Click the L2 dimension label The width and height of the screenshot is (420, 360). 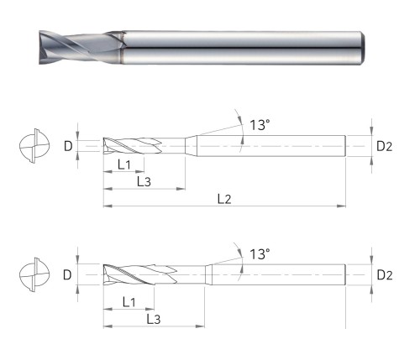[224, 199]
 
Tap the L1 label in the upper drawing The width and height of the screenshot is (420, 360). [124, 164]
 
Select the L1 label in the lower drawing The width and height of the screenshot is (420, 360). [129, 302]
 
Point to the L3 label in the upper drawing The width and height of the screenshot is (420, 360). [144, 182]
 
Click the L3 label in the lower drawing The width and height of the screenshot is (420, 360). [154, 319]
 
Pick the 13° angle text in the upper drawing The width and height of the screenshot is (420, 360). [260, 125]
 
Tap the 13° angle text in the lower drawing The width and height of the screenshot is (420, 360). [260, 254]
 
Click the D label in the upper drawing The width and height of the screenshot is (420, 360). [68, 146]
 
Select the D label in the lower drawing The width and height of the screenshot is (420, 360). [67, 275]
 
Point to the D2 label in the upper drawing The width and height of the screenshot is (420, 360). [385, 146]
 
